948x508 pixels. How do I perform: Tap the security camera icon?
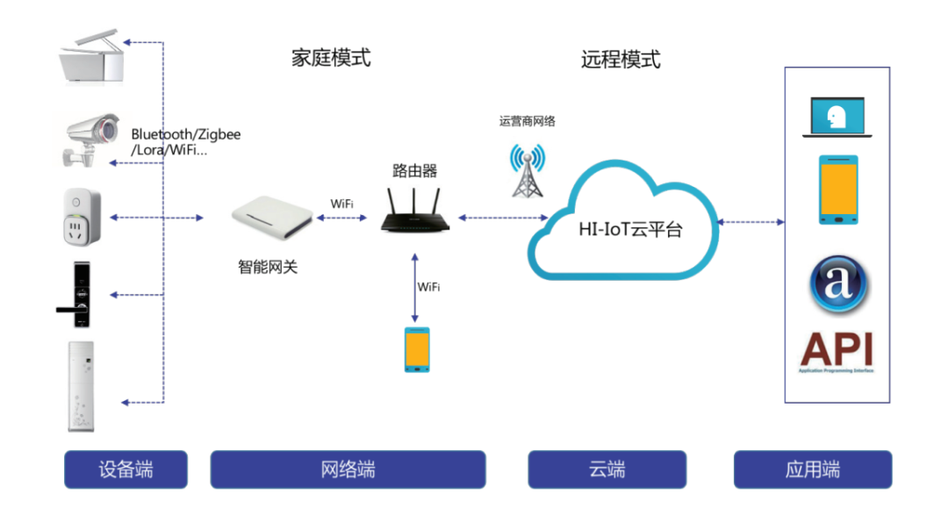(x=91, y=138)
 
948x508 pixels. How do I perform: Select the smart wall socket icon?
(x=82, y=217)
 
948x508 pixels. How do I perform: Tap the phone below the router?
(x=417, y=349)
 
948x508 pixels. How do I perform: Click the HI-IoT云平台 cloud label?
(x=630, y=231)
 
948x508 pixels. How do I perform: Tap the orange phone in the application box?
(x=837, y=190)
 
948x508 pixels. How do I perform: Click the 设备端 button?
(x=126, y=469)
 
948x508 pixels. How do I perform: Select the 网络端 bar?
(x=348, y=469)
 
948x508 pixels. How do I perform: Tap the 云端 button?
(x=607, y=469)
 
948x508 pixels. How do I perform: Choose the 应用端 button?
(x=812, y=469)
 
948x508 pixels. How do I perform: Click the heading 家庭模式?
(x=331, y=58)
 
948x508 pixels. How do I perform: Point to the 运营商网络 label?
(x=528, y=121)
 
